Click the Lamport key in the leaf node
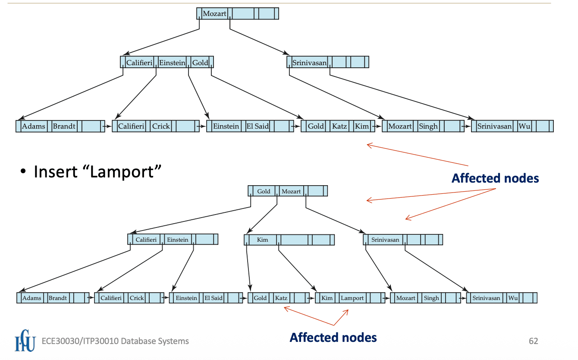pyautogui.click(x=352, y=298)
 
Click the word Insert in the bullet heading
pyautogui.click(x=56, y=172)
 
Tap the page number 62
pyautogui.click(x=534, y=341)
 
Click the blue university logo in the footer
pyautogui.click(x=25, y=341)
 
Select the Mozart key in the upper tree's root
pyautogui.click(x=214, y=13)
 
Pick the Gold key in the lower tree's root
pyautogui.click(x=264, y=191)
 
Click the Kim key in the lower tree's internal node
pyautogui.click(x=262, y=240)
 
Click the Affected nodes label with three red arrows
pyautogui.click(x=495, y=178)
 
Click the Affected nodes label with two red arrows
pyautogui.click(x=333, y=337)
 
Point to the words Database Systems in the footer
pyautogui.click(x=155, y=341)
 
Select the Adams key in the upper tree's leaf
pyautogui.click(x=34, y=126)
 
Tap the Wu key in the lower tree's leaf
pyautogui.click(x=513, y=298)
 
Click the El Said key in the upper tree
pyautogui.click(x=258, y=126)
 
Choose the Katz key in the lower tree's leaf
pyautogui.click(x=281, y=298)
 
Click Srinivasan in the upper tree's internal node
pyautogui.click(x=309, y=63)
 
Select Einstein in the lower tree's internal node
pyautogui.click(x=178, y=240)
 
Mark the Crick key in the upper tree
pyautogui.click(x=161, y=126)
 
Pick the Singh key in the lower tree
pyautogui.click(x=431, y=298)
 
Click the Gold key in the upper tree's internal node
pyautogui.click(x=200, y=63)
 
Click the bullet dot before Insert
pyautogui.click(x=23, y=171)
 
